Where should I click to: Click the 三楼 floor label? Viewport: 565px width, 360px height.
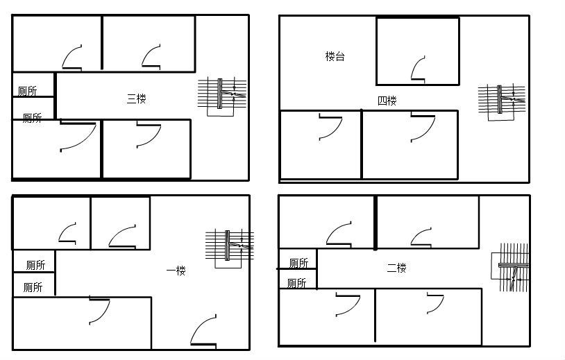pyautogui.click(x=137, y=98)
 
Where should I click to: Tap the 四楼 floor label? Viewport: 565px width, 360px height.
pyautogui.click(x=387, y=101)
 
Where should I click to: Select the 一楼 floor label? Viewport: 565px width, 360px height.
pyautogui.click(x=176, y=271)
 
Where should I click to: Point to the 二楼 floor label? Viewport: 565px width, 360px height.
pyautogui.click(x=397, y=268)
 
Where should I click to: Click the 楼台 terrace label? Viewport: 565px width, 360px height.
pyautogui.click(x=335, y=56)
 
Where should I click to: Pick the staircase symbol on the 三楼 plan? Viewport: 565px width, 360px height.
pyautogui.click(x=222, y=96)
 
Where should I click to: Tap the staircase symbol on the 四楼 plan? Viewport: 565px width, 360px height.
pyautogui.click(x=502, y=102)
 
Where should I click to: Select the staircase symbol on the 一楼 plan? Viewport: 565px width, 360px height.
pyautogui.click(x=230, y=248)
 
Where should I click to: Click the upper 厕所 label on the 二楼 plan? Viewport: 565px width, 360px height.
pyautogui.click(x=298, y=263)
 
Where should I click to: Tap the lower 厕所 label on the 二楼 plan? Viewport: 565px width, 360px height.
pyautogui.click(x=296, y=283)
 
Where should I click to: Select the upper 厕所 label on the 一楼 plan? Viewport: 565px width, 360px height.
pyautogui.click(x=35, y=266)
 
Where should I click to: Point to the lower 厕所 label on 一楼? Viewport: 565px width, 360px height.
pyautogui.click(x=33, y=287)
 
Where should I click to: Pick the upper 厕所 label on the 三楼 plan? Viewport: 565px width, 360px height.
pyautogui.click(x=27, y=91)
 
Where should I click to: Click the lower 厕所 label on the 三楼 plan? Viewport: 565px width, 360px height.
pyautogui.click(x=32, y=118)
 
